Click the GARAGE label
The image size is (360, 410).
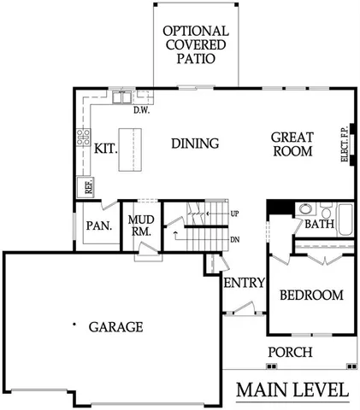pos(114,326)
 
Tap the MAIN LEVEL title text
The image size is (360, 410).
pos(292,390)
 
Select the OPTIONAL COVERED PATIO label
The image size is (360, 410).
pos(195,44)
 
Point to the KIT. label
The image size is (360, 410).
pos(105,148)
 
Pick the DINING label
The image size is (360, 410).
pos(195,143)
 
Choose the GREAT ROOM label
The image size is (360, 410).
pos(292,143)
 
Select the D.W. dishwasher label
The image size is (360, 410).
pos(141,109)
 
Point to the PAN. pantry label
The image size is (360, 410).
pos(95,226)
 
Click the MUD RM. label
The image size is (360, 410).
pos(140,226)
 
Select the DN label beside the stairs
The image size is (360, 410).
pos(235,239)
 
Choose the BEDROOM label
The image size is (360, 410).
pos(311,296)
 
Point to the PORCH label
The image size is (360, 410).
pos(290,352)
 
